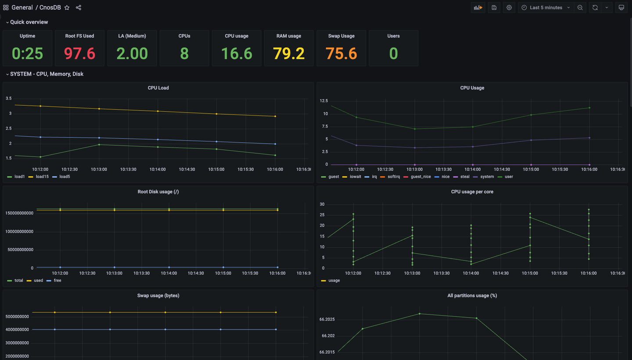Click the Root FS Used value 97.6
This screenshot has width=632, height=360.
pyautogui.click(x=79, y=54)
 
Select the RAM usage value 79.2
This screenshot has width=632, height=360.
pyautogui.click(x=288, y=54)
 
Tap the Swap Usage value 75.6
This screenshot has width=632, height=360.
pyautogui.click(x=341, y=54)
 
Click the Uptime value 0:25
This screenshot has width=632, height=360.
pyautogui.click(x=27, y=54)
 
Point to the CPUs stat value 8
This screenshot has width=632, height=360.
pyautogui.click(x=184, y=54)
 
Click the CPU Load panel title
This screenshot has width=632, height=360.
pyautogui.click(x=158, y=88)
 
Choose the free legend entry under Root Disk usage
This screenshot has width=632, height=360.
pyautogui.click(x=57, y=280)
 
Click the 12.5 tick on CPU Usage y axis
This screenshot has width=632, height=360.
pyautogui.click(x=323, y=101)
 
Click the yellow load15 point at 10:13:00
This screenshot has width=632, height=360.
pyautogui.click(x=99, y=108)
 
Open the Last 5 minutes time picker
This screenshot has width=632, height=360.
pyautogui.click(x=546, y=7)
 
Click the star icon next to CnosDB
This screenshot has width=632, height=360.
pyautogui.click(x=67, y=7)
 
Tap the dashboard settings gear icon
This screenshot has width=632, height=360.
pyautogui.click(x=509, y=7)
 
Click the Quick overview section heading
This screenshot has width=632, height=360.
pyautogui.click(x=29, y=22)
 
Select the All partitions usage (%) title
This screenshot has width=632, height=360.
pyautogui.click(x=472, y=295)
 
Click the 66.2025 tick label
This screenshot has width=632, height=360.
pyautogui.click(x=327, y=319)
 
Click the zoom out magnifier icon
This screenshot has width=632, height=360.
pyautogui.click(x=580, y=7)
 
